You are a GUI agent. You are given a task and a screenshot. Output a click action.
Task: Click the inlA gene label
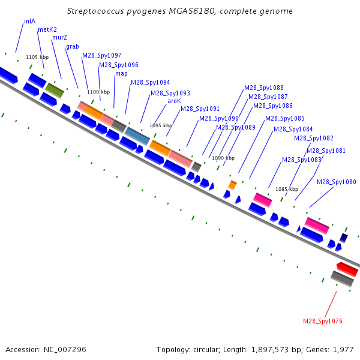click(29, 22)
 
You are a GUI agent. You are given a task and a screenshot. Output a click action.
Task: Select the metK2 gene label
click(47, 29)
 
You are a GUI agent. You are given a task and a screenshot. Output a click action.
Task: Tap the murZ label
click(59, 37)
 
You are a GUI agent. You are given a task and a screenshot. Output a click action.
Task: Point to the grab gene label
click(73, 47)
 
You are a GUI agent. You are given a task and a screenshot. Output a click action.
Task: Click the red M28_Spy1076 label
click(323, 321)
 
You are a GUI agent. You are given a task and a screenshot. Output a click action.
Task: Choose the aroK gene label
click(174, 101)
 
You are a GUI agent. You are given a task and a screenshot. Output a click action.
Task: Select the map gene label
click(121, 74)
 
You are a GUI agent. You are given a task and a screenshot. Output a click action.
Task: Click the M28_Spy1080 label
click(337, 182)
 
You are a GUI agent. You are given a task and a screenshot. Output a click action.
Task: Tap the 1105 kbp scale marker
click(37, 57)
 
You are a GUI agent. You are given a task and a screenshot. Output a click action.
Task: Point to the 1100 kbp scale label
click(98, 92)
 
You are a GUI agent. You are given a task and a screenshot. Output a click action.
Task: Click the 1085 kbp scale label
click(287, 189)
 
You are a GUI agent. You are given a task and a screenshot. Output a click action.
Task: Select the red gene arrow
click(347, 269)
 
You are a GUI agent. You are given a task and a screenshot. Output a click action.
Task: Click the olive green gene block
click(55, 91)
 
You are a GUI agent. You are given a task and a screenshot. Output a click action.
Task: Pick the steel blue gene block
click(137, 136)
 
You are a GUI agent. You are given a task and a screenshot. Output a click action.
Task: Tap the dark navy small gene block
click(344, 238)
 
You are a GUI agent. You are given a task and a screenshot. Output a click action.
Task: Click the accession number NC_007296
click(65, 350)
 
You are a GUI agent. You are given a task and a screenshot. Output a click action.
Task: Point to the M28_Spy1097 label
click(102, 55)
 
